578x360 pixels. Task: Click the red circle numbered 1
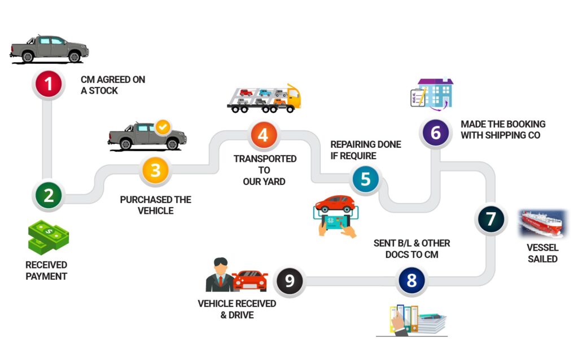point(49,84)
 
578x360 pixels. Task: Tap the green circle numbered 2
point(49,196)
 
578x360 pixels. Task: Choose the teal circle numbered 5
point(366,179)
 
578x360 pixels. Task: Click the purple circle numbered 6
point(435,133)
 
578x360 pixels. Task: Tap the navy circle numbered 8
point(410,280)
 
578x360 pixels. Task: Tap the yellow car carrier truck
point(264,98)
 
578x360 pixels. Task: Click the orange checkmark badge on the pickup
point(163,126)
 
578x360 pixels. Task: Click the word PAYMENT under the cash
point(46,276)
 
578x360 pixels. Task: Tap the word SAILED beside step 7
point(542,259)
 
